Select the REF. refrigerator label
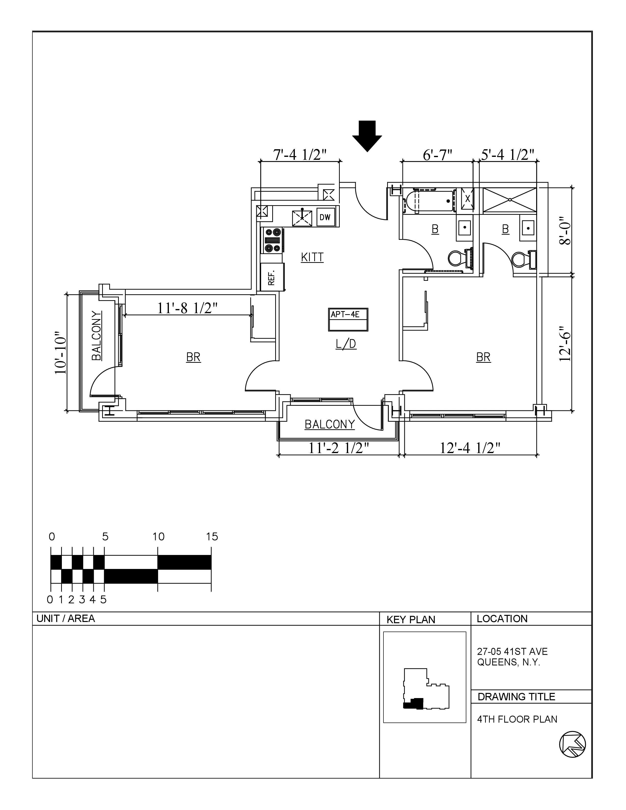tap(272, 277)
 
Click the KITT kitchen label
tap(312, 257)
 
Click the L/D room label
tap(346, 344)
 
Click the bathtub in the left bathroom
tap(429, 201)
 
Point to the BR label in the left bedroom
tap(193, 357)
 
